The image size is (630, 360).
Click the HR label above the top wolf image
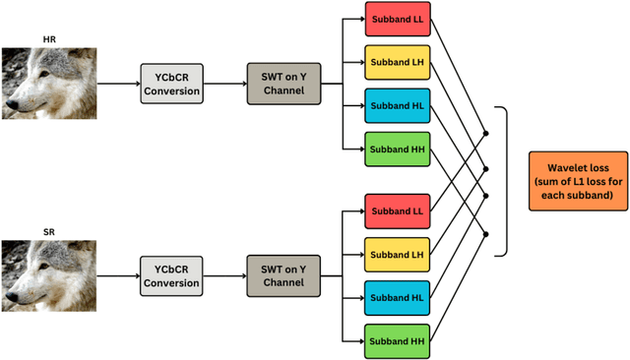click(49, 39)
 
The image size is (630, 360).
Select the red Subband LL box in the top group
click(397, 20)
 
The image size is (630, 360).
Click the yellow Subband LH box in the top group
click(397, 62)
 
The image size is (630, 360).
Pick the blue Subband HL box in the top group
click(397, 105)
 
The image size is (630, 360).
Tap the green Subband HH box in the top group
click(397, 149)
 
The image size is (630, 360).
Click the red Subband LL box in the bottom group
click(397, 211)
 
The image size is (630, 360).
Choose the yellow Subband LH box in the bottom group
click(397, 254)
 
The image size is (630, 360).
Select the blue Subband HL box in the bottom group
click(397, 297)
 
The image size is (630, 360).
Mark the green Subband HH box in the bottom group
click(397, 340)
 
